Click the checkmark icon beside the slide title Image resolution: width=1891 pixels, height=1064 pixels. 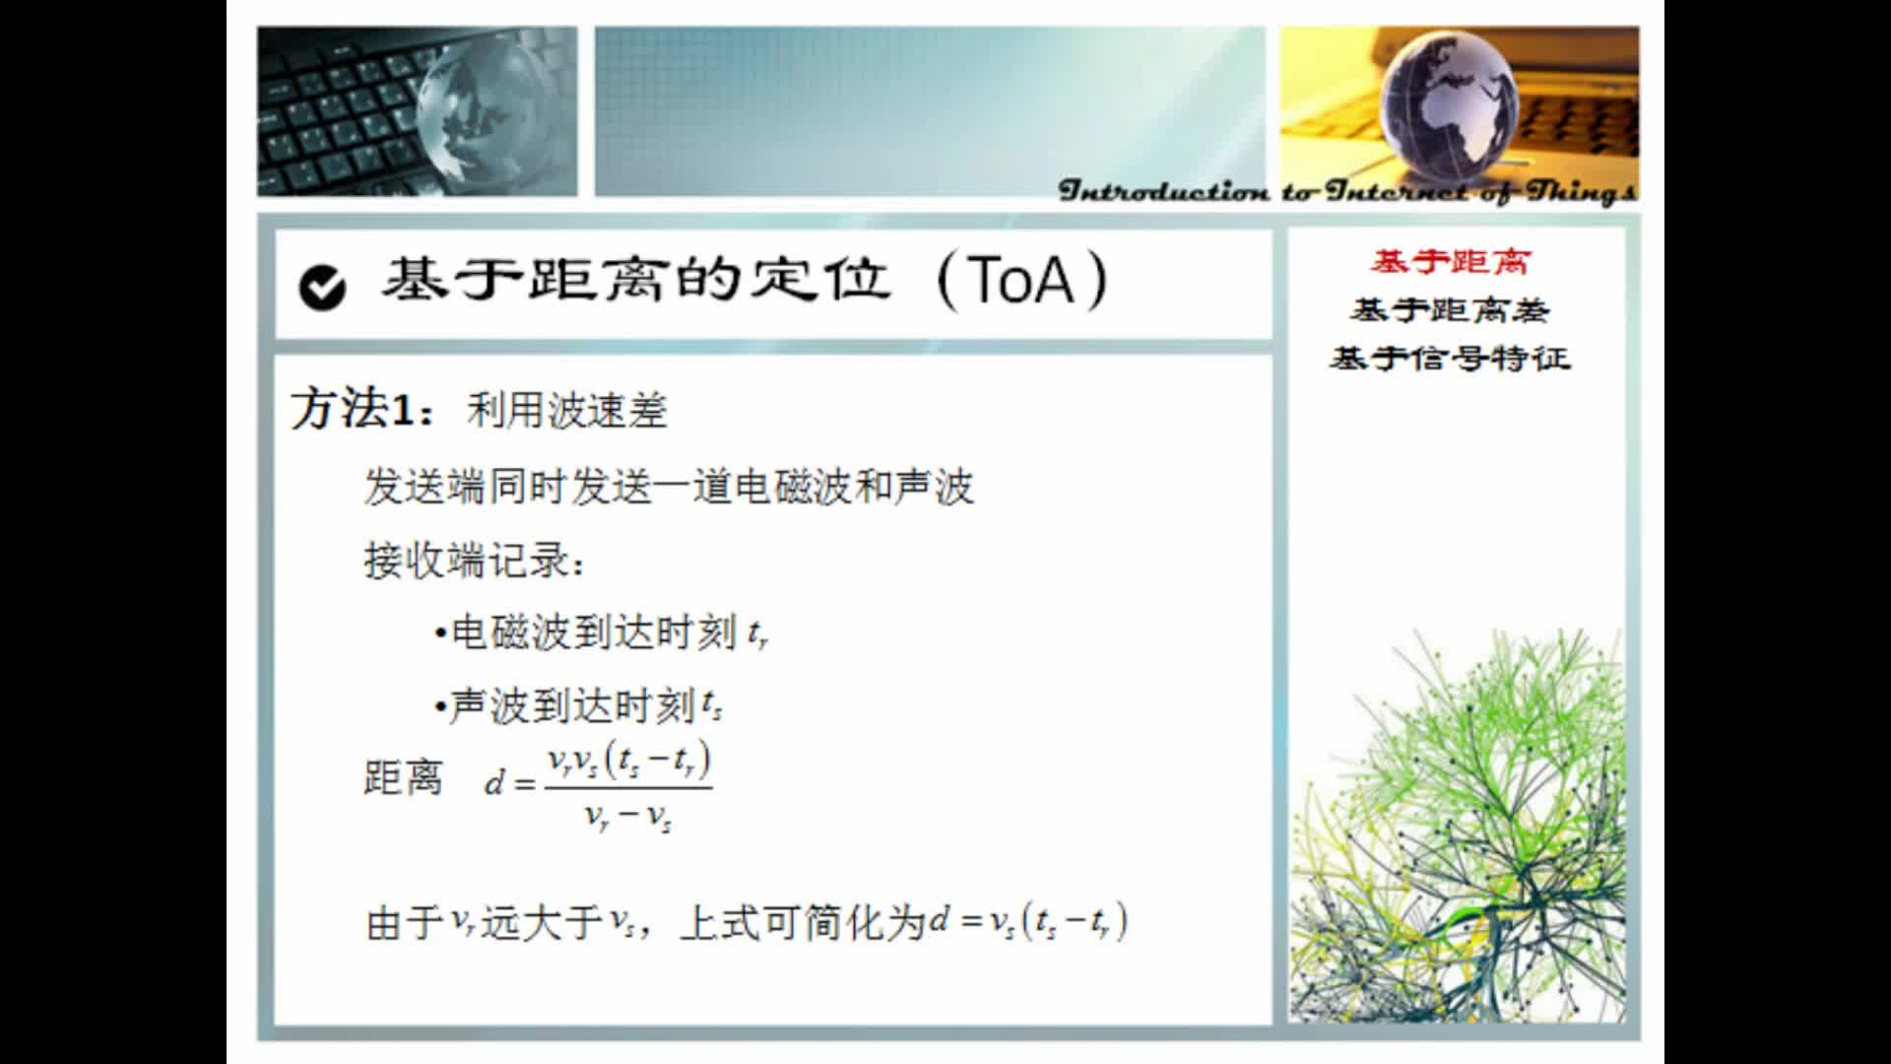click(x=322, y=287)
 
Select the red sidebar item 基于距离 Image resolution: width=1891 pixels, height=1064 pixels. click(x=1450, y=262)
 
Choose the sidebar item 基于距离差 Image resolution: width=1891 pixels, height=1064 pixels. click(x=1450, y=311)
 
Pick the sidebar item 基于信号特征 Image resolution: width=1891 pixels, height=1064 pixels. click(x=1450, y=358)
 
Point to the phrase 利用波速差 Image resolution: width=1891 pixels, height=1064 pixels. click(x=567, y=411)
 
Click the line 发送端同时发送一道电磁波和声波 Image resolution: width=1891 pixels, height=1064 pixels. click(x=669, y=487)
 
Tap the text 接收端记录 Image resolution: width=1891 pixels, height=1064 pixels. click(x=474, y=562)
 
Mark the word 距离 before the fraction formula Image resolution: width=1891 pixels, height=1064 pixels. click(x=404, y=778)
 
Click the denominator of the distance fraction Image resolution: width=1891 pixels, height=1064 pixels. click(x=627, y=817)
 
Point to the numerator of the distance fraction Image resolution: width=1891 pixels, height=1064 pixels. click(x=628, y=761)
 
